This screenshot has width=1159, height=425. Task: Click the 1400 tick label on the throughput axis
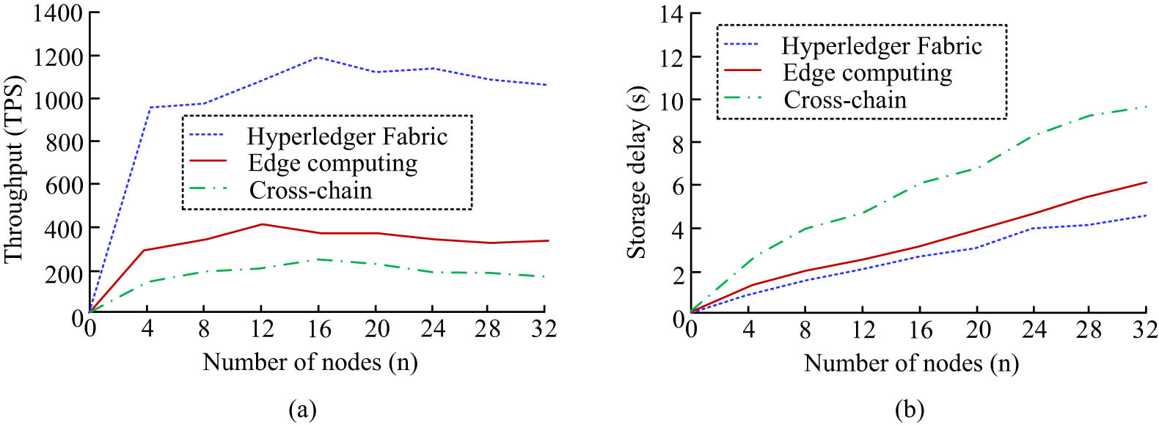(56, 13)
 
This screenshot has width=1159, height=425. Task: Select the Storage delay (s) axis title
(637, 172)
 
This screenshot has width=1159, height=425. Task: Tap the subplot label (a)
(303, 409)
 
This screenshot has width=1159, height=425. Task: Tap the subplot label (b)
(910, 409)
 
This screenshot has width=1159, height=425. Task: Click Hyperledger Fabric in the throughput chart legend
(347, 136)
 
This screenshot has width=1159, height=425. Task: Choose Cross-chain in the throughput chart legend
(310, 191)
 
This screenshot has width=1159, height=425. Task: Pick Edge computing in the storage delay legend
(867, 73)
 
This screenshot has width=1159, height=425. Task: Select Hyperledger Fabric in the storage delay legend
(881, 46)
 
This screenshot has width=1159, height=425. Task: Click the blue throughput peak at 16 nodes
(318, 57)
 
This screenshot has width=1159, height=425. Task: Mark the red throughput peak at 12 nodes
(262, 224)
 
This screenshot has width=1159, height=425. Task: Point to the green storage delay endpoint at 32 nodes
(1146, 106)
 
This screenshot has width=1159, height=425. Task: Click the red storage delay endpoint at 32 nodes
(1146, 182)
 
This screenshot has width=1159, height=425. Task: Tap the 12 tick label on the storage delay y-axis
(672, 57)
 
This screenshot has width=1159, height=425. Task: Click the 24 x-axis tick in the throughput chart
(433, 329)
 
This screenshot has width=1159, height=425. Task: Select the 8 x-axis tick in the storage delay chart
(805, 330)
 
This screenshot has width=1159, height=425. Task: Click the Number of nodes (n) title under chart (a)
(310, 362)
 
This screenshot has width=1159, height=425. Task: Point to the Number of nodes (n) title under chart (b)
(911, 363)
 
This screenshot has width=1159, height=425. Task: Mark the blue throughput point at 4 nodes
(150, 108)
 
